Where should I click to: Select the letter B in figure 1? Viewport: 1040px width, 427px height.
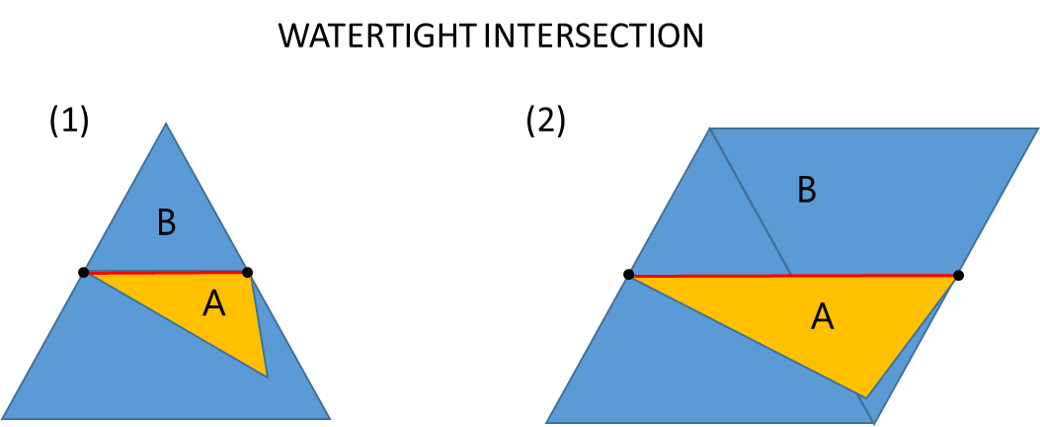click(166, 224)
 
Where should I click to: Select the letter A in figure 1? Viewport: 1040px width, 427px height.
click(213, 305)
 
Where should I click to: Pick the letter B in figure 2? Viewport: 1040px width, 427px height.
click(807, 190)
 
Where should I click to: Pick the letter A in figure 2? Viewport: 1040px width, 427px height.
click(822, 316)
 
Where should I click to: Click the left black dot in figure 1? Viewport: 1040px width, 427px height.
click(84, 272)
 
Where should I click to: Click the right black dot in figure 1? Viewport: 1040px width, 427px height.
click(247, 272)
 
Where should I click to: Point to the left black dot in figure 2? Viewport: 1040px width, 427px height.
click(628, 275)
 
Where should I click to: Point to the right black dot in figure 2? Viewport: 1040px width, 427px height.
click(958, 275)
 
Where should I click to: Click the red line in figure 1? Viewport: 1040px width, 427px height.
click(166, 272)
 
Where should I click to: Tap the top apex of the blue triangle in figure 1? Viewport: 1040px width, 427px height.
click(166, 124)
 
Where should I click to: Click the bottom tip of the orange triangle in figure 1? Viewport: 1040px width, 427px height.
click(267, 376)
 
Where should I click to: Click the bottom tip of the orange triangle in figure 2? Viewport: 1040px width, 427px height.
click(865, 396)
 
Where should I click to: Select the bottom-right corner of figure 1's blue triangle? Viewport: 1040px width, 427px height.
click(329, 418)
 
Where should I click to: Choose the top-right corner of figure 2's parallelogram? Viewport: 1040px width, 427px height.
click(1037, 129)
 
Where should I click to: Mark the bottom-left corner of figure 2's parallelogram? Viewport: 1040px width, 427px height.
click(546, 422)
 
